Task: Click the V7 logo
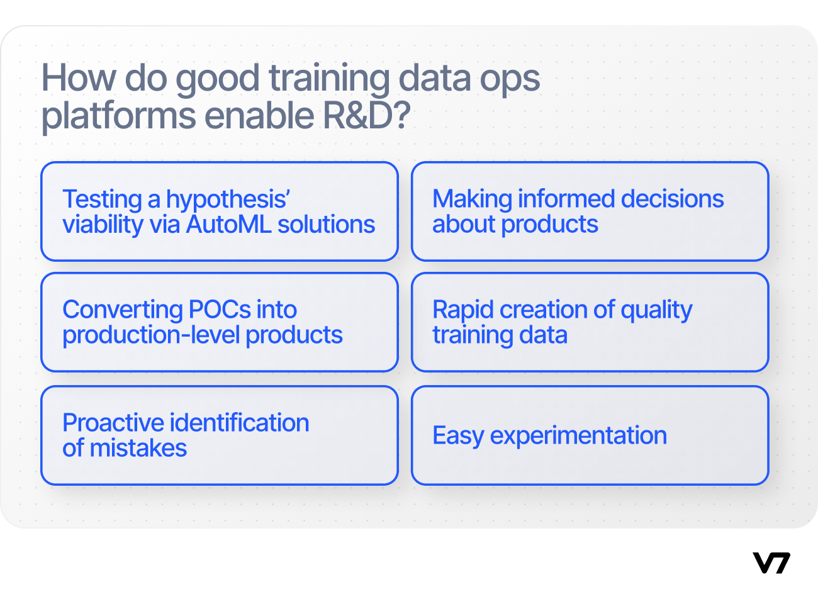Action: point(771,563)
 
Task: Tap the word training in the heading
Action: point(329,79)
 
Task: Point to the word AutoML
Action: point(228,224)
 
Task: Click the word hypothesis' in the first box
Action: point(228,200)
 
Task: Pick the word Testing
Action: point(102,200)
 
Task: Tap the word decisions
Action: point(672,199)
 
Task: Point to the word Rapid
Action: point(462,311)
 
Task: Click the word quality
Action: point(656,311)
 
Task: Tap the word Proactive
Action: point(113,423)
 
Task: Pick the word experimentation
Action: point(578,437)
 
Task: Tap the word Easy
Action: point(458,437)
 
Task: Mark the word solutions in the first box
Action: point(326,224)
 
